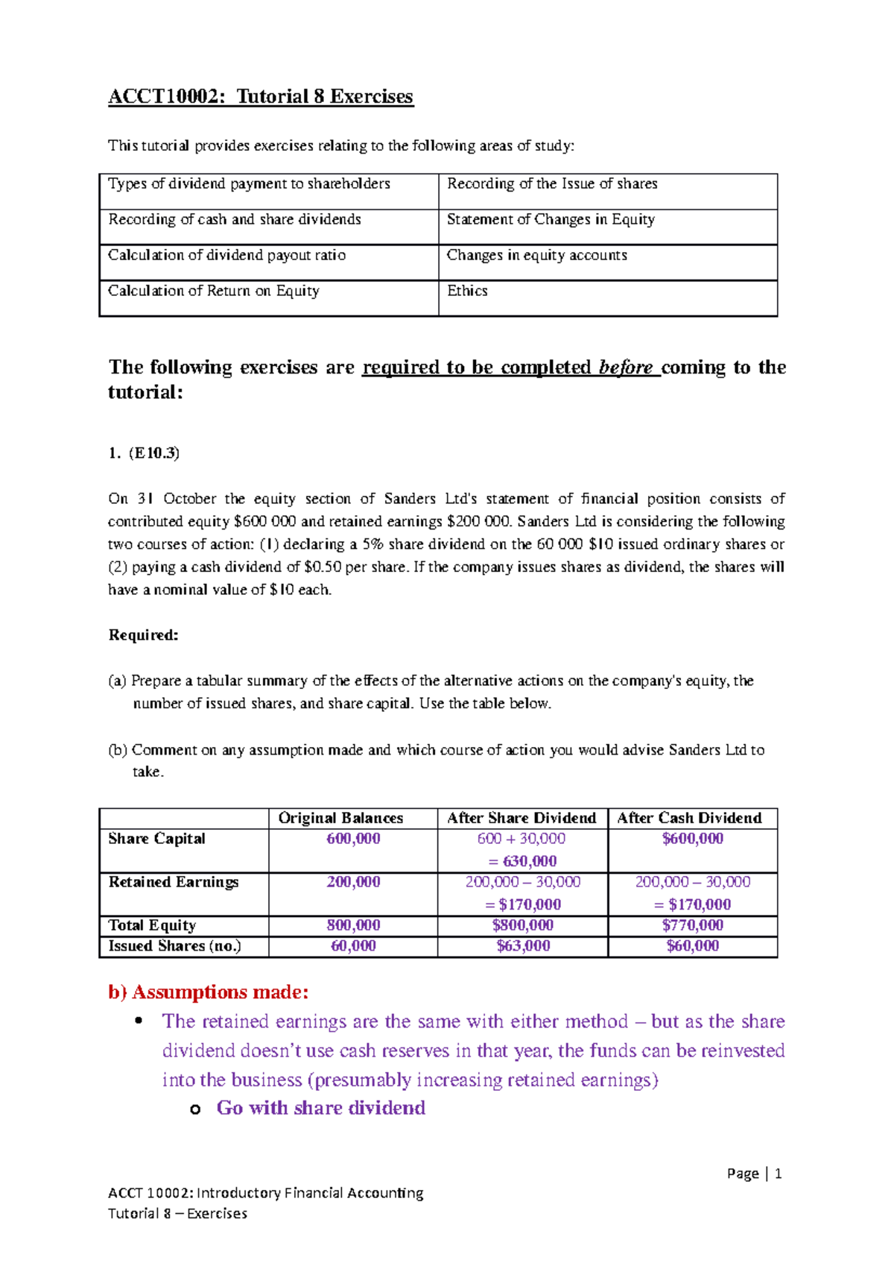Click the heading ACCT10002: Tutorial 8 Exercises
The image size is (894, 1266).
[260, 97]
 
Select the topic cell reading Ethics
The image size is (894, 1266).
[467, 291]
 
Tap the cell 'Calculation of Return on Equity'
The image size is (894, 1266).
[214, 291]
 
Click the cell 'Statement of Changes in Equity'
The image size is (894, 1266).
[551, 219]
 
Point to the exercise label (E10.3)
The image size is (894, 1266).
[154, 453]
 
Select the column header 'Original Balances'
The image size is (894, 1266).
[340, 818]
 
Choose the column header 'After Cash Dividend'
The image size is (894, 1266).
[689, 818]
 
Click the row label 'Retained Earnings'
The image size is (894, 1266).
[174, 882]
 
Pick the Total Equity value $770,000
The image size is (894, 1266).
[692, 925]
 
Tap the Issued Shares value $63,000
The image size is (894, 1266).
[523, 946]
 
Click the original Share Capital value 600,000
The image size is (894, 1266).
[353, 839]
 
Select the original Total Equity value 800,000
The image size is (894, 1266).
[353, 925]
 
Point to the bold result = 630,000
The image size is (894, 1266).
[523, 861]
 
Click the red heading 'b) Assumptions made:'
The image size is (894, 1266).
[208, 992]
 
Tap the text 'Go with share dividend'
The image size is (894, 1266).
[320, 1108]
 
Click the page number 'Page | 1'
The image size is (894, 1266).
[754, 1174]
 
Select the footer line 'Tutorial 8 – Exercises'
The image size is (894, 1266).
[177, 1213]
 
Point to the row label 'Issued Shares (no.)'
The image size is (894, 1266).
[175, 946]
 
